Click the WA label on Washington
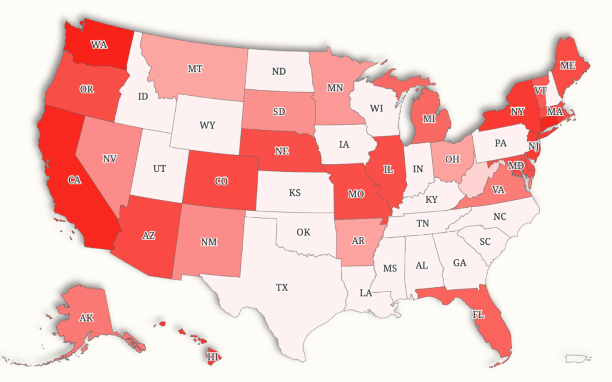click(x=99, y=45)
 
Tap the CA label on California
click(x=74, y=180)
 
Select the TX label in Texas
click(x=282, y=287)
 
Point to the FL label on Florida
click(x=479, y=314)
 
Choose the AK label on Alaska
click(x=87, y=318)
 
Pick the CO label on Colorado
click(x=221, y=181)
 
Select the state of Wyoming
click(x=207, y=125)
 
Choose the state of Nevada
click(x=109, y=159)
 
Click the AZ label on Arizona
click(x=148, y=235)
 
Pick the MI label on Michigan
click(x=428, y=119)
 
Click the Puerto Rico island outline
click(x=577, y=358)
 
